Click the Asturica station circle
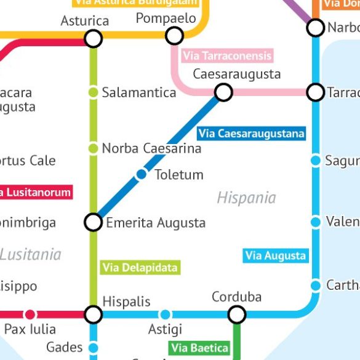(x=93, y=39)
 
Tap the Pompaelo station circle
(x=175, y=36)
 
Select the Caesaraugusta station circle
(x=223, y=92)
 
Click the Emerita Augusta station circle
(x=93, y=222)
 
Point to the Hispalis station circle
(x=93, y=315)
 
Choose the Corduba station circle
(x=237, y=315)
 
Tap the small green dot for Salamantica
(x=93, y=92)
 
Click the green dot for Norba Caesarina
(x=93, y=148)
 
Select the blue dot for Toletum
(x=142, y=174)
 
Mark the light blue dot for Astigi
(x=165, y=315)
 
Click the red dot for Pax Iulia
(x=30, y=315)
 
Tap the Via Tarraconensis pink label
(x=227, y=56)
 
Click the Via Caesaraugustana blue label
(x=251, y=134)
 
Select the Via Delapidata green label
(x=140, y=267)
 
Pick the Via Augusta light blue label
(x=276, y=255)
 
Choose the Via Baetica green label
(x=200, y=348)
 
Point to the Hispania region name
(x=246, y=198)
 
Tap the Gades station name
(x=64, y=347)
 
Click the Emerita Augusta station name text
(x=156, y=223)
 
